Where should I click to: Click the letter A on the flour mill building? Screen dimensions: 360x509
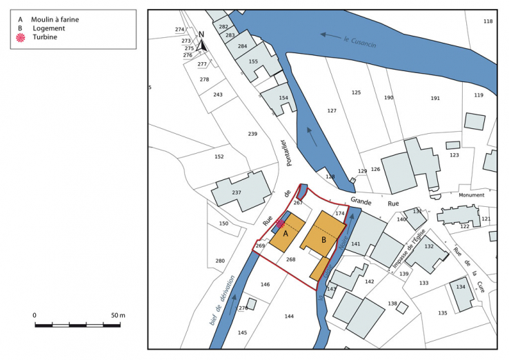(285, 234)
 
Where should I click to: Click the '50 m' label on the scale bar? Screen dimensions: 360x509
(118, 315)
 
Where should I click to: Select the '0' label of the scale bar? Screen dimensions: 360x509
(34, 315)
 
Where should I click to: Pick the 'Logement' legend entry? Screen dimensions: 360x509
(48, 28)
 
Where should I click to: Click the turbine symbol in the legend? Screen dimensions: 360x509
(21, 38)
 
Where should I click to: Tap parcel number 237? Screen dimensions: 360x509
(237, 192)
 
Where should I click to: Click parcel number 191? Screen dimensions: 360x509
(435, 99)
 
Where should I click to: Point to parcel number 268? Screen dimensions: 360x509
(290, 260)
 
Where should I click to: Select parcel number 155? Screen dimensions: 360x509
(253, 62)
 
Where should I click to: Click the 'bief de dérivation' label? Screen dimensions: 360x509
(223, 300)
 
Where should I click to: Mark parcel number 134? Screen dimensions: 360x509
(461, 287)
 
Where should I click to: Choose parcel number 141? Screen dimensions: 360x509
(356, 244)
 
